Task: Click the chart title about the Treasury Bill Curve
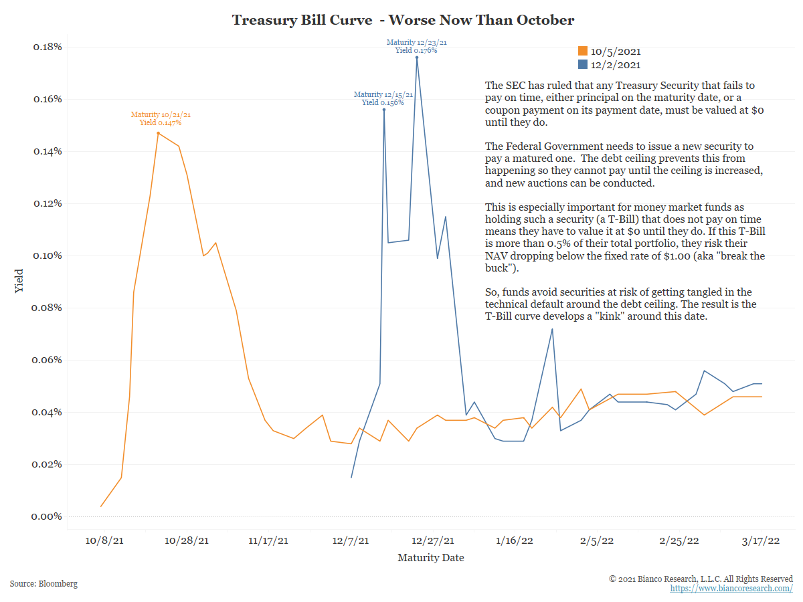403,20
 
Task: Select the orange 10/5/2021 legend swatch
583,52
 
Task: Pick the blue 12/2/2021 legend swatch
583,65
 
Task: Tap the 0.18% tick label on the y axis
48,47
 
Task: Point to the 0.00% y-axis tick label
48,516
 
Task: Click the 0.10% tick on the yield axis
48,256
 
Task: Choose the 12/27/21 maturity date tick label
433,540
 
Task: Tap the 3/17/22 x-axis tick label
762,540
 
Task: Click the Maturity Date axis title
430,557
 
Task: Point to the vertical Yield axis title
19,281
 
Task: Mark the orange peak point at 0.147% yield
158,133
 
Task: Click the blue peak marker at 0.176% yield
417,58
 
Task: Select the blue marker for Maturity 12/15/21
384,110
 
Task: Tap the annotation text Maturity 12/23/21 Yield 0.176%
417,46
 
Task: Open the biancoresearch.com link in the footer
731,589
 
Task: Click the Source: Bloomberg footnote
43,584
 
